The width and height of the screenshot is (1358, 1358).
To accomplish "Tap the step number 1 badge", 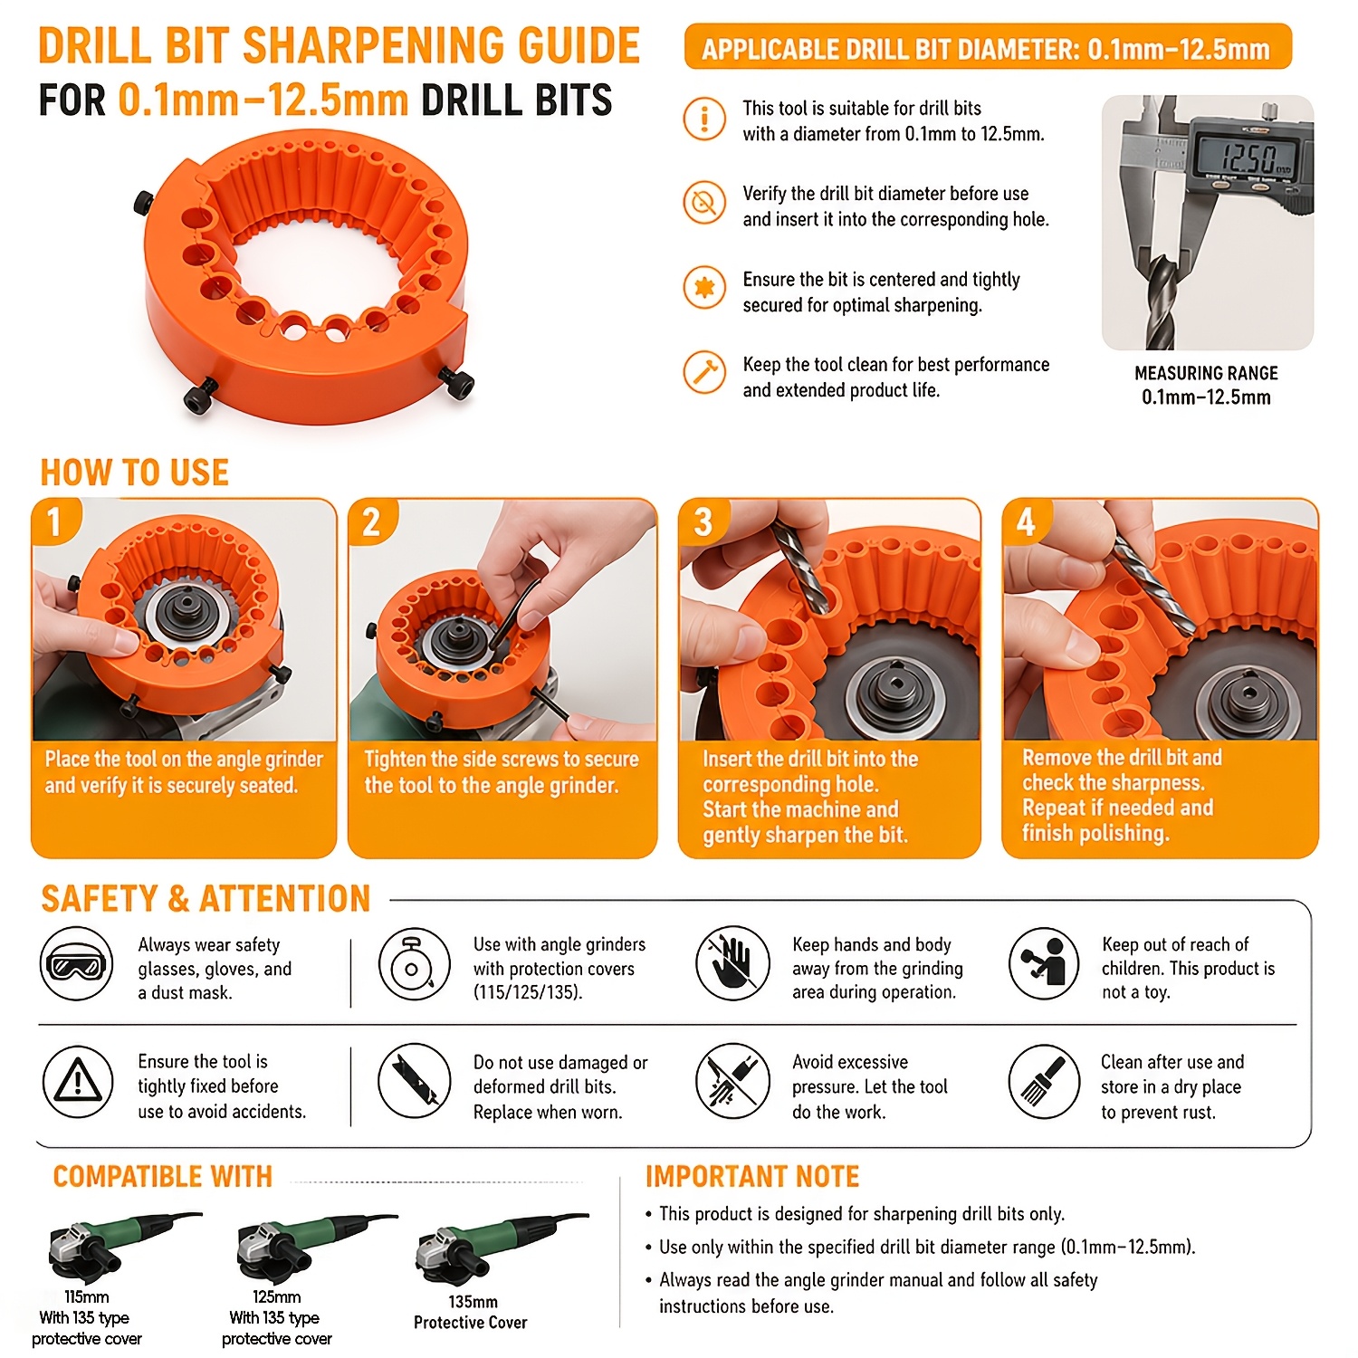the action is pyautogui.click(x=55, y=521).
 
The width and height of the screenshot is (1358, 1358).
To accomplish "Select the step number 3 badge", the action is pyautogui.click(x=703, y=521).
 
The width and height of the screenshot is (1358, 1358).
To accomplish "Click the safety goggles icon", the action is pyautogui.click(x=76, y=965).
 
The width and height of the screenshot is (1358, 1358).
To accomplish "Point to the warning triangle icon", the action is pyautogui.click(x=78, y=1080).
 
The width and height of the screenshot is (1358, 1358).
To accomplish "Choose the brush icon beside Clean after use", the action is pyautogui.click(x=1044, y=1080).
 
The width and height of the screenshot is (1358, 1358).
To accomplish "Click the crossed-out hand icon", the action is pyautogui.click(x=732, y=963).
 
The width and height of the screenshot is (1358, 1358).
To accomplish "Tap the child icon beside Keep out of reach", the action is pyautogui.click(x=1044, y=963).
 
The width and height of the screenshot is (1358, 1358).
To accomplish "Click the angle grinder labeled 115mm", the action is pyautogui.click(x=122, y=1246).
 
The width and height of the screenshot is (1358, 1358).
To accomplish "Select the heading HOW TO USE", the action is pyautogui.click(x=135, y=473).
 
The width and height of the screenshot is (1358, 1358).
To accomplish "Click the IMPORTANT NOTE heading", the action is pyautogui.click(x=752, y=1177).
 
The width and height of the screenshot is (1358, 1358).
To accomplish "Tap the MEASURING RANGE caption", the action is pyautogui.click(x=1206, y=373).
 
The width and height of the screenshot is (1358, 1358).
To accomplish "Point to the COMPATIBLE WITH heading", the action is pyautogui.click(x=163, y=1176).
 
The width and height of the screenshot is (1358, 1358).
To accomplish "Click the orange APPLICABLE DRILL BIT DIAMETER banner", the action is pyautogui.click(x=988, y=47).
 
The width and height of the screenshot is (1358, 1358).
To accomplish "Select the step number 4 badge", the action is pyautogui.click(x=1026, y=521).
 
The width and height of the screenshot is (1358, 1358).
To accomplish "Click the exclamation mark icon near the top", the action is pyautogui.click(x=704, y=119).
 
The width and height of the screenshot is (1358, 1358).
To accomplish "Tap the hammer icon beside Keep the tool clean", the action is pyautogui.click(x=704, y=372).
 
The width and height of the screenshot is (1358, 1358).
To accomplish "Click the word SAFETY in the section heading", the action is pyautogui.click(x=100, y=899).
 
